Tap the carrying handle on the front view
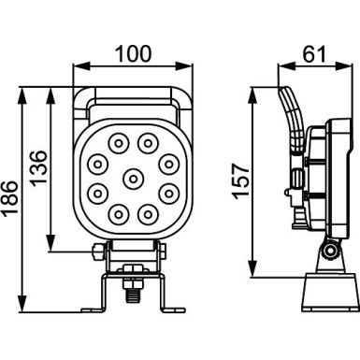132,94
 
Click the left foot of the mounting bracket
92,308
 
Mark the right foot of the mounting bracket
174,308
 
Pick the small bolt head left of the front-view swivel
98,249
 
